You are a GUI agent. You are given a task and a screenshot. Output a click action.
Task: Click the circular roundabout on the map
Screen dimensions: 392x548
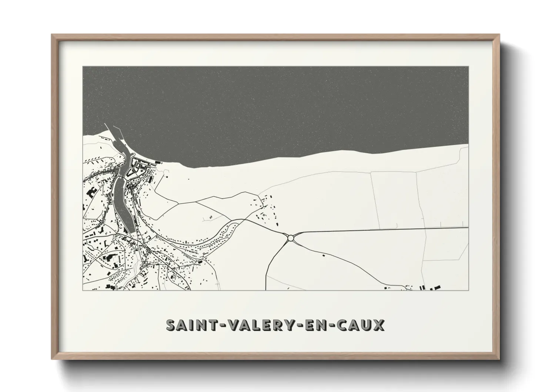[291, 238]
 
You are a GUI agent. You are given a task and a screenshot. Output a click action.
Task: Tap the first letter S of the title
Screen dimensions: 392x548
[171, 325]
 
